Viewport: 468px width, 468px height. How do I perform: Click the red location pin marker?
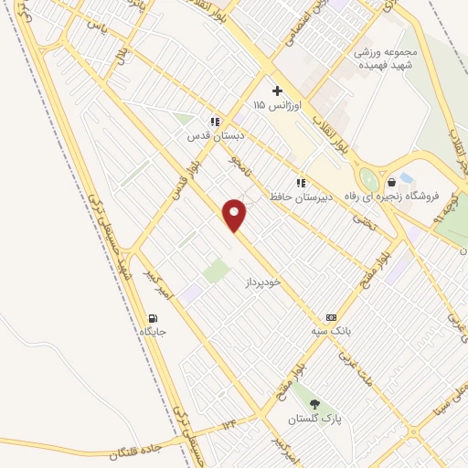(236, 215)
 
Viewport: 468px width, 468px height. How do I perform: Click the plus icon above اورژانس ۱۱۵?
(276, 91)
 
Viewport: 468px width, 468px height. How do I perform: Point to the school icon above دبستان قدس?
(216, 121)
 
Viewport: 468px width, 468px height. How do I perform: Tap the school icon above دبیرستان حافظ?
(301, 182)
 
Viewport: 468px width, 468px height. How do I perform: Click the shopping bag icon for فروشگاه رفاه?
(391, 182)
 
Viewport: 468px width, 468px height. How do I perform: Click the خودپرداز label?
(265, 283)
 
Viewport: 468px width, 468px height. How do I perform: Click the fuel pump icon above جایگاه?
(152, 318)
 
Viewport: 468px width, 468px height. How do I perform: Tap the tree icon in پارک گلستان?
(315, 404)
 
